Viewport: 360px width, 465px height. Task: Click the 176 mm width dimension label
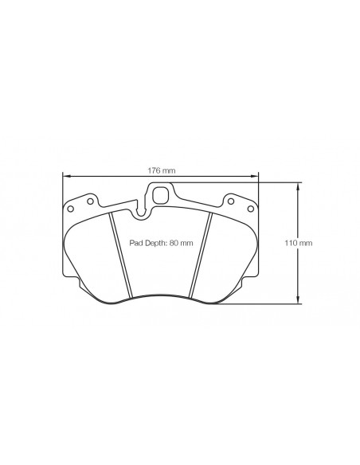pos(162,170)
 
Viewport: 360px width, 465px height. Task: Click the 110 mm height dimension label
pos(299,243)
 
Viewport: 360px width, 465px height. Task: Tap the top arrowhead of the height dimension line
pos(298,187)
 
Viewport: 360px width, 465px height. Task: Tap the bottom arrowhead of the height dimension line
pos(298,299)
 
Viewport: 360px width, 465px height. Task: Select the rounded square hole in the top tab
pos(160,195)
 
